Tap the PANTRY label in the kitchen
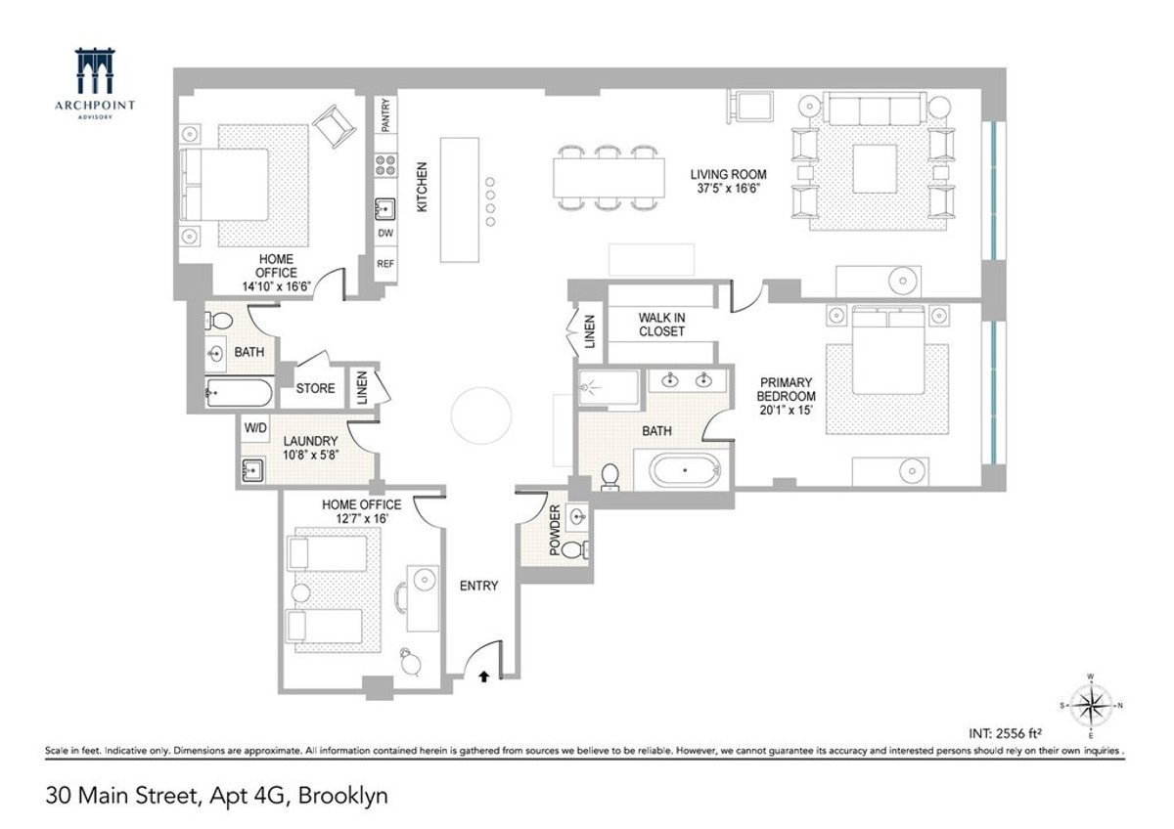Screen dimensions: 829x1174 pos(386,115)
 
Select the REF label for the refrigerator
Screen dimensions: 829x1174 pos(385,265)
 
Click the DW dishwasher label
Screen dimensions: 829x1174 pos(385,235)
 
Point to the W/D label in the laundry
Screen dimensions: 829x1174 pos(255,428)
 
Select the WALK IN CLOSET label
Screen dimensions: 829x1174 pos(661,325)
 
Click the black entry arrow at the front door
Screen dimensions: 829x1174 pos(483,675)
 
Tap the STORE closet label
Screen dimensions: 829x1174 pos(315,388)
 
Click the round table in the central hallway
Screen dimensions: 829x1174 pos(479,415)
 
